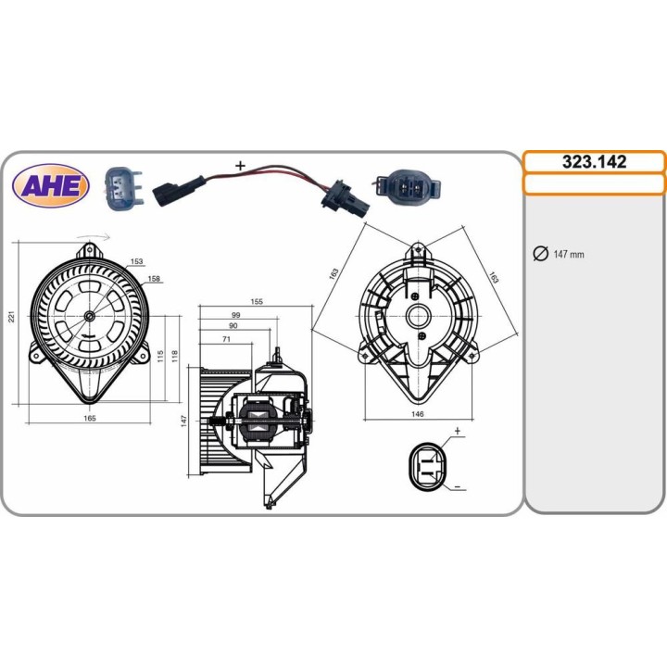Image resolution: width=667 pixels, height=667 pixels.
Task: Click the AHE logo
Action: [x=51, y=186]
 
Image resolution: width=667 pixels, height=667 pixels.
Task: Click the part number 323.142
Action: [x=594, y=161]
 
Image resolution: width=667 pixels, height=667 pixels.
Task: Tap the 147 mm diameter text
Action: [x=569, y=255]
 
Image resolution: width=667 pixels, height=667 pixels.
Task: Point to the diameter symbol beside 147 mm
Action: [x=541, y=254]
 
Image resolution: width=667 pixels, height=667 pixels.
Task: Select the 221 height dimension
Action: [x=12, y=317]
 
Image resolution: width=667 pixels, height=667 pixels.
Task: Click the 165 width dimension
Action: [x=90, y=418]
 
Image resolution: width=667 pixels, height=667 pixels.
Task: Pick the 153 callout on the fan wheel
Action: [x=136, y=261]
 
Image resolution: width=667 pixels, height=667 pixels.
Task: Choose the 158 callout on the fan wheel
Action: [x=154, y=279]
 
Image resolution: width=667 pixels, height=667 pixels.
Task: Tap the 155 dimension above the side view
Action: [x=257, y=302]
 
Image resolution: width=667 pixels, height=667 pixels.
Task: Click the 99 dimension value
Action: [x=235, y=315]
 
